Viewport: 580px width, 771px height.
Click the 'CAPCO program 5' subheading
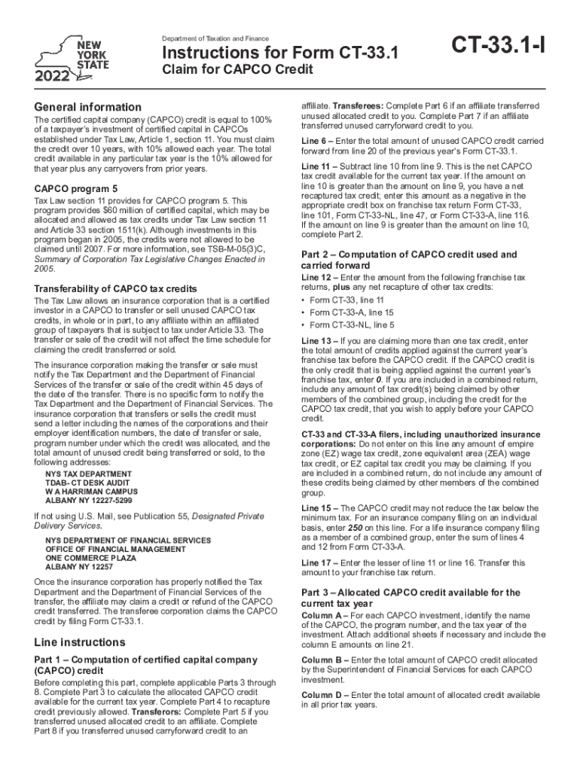point(78,188)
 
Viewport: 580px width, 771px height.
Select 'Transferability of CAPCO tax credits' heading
point(117,288)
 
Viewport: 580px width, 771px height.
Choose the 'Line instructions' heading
point(80,642)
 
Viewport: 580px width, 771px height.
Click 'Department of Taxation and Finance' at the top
point(215,38)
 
